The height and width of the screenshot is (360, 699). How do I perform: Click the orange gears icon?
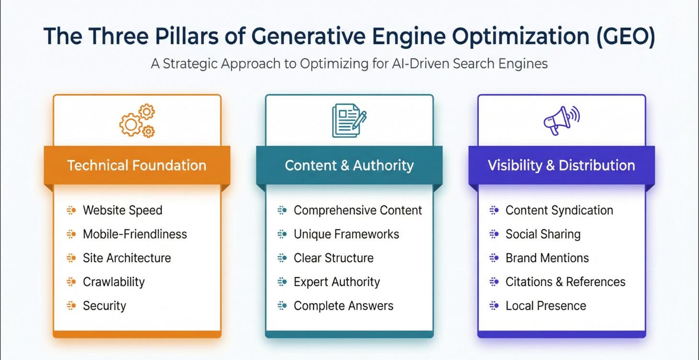tap(137, 121)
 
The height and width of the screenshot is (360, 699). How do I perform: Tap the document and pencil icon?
tap(349, 121)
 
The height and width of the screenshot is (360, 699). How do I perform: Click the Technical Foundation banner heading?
tap(137, 166)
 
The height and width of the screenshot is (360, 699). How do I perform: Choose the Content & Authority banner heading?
tap(349, 166)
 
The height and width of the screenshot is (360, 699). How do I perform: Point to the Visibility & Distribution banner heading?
tap(561, 166)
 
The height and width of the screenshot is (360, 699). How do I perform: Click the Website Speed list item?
tap(123, 210)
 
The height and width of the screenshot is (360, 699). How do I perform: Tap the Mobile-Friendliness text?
tap(135, 234)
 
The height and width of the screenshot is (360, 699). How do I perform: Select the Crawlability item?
tap(113, 282)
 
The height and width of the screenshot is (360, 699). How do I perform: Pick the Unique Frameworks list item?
tap(346, 234)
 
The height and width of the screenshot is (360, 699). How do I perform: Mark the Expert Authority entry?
tap(337, 282)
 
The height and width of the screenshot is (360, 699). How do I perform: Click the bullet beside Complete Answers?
tap(282, 305)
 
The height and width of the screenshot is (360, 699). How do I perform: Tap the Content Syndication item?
tap(559, 210)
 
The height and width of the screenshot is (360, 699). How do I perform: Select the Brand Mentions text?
tap(547, 258)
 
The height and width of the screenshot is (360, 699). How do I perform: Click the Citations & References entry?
tap(565, 282)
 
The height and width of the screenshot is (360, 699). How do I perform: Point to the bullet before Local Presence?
tap(494, 305)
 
